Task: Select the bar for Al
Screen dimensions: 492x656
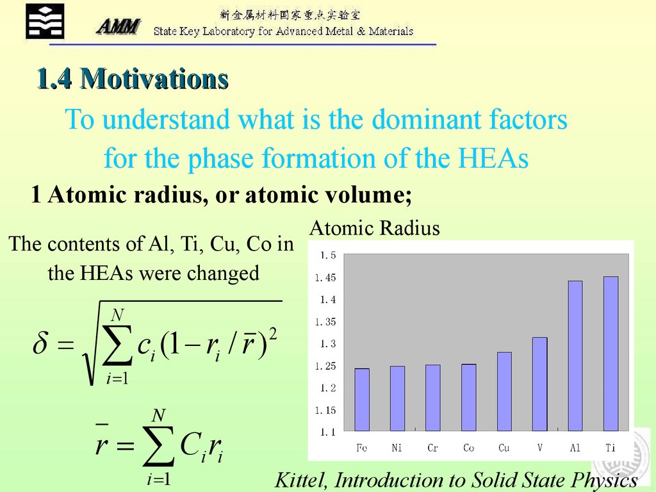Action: click(575, 356)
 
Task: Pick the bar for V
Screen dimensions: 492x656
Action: click(539, 384)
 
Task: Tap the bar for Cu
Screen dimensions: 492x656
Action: click(504, 391)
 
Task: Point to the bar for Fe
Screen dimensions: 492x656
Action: click(362, 400)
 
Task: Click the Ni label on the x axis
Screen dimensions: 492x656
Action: click(397, 448)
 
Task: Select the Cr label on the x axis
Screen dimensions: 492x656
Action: click(433, 448)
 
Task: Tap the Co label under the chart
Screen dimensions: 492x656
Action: click(468, 448)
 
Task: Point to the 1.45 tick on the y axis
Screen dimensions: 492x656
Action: click(325, 278)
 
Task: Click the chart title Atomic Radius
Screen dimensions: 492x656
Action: click(375, 228)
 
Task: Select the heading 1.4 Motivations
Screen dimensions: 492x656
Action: click(132, 79)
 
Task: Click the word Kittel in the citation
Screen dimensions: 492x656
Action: click(302, 480)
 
